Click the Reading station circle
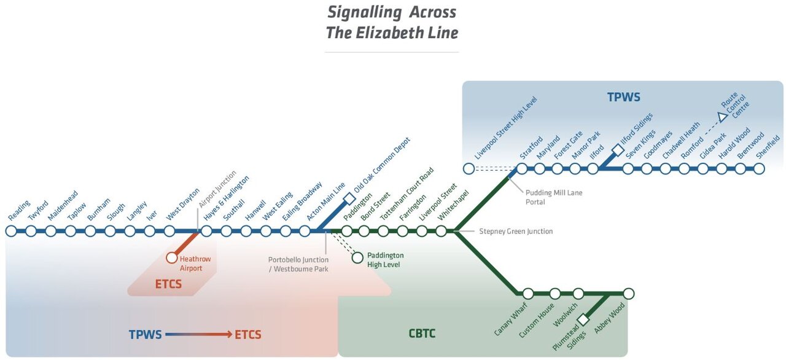pyautogui.click(x=11, y=231)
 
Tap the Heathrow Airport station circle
pyautogui.click(x=172, y=258)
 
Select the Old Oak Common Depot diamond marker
pyautogui.click(x=349, y=198)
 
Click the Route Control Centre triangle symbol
pyautogui.click(x=723, y=116)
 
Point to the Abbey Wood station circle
pyautogui.click(x=628, y=294)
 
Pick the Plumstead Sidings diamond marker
pyautogui.click(x=584, y=320)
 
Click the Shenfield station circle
pyautogui.click(x=760, y=168)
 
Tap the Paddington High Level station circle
pyautogui.click(x=357, y=257)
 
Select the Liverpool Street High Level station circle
pyautogui.click(x=469, y=168)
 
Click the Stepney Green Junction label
pyautogui.click(x=516, y=232)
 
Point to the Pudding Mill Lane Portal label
pyautogui.click(x=553, y=197)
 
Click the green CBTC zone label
pyautogui.click(x=423, y=334)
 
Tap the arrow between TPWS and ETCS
pyautogui.click(x=198, y=335)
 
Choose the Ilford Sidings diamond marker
pyautogui.click(x=617, y=149)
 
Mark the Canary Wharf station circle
pyautogui.click(x=527, y=294)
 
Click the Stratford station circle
pyautogui.click(x=522, y=168)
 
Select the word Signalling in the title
pyautogui.click(x=366, y=12)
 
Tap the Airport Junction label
pyautogui.click(x=217, y=191)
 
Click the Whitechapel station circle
pyautogui.click(x=441, y=231)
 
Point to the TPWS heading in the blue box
pyautogui.click(x=623, y=97)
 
